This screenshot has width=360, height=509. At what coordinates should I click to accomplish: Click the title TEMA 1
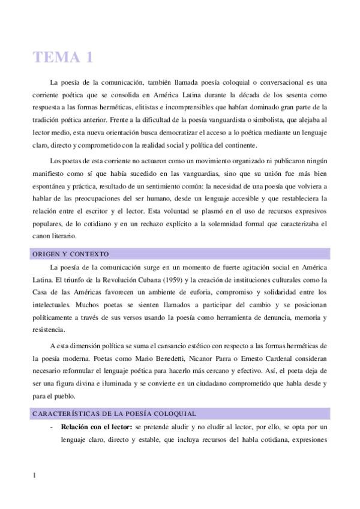click(63, 58)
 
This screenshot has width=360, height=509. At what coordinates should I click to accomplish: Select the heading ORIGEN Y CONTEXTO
click(70, 254)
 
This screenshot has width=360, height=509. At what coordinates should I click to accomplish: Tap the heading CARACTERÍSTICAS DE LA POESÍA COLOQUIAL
click(113, 413)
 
